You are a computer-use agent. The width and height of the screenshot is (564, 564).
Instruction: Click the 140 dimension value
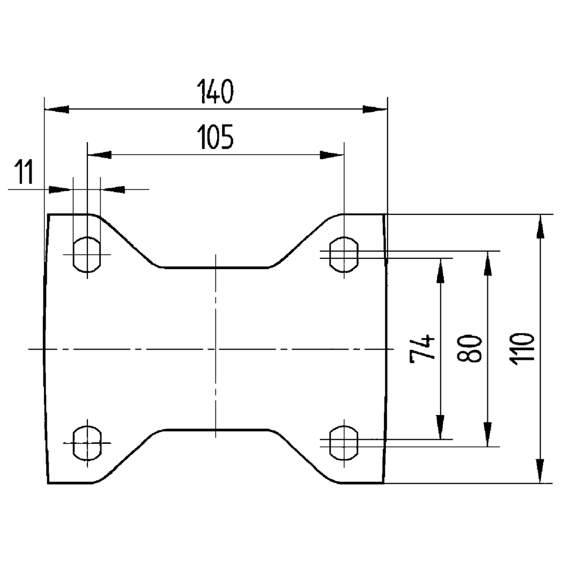215,92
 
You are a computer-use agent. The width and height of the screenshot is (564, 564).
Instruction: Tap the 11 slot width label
24,172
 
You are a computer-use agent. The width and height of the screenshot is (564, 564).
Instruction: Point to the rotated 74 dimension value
422,348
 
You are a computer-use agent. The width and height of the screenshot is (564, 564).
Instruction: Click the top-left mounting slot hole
87,254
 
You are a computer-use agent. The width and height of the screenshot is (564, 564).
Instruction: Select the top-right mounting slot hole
343,254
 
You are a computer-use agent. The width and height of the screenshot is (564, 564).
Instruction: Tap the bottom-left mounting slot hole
87,443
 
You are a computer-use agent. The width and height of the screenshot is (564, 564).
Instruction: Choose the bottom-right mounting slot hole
343,443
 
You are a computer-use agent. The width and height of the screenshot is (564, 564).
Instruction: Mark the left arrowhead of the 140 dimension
56,109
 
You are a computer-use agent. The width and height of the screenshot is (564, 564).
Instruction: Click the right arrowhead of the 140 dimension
374,109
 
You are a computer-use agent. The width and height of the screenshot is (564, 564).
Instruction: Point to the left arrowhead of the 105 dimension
100,155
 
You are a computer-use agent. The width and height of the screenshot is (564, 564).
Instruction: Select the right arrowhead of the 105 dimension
331,155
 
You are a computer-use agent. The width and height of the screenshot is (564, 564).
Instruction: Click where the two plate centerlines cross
215,349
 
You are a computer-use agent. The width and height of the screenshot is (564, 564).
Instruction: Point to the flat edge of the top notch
215,268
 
